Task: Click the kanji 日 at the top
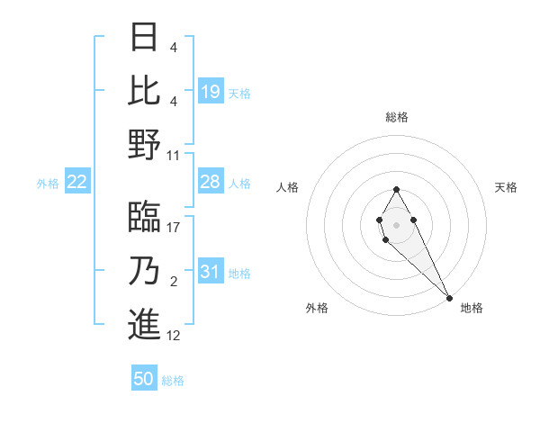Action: pos(144,38)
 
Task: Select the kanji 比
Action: pos(144,90)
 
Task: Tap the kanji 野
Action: pos(144,143)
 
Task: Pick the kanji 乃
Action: pos(144,271)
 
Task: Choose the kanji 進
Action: pos(144,324)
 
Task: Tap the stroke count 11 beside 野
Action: pos(174,155)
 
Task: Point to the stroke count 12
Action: pos(174,336)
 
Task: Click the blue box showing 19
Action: pos(211,91)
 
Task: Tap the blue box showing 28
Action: pos(211,182)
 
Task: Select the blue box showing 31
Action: pos(211,272)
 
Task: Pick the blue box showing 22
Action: pos(77,183)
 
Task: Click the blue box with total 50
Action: pos(144,379)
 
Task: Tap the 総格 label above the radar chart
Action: pos(397,117)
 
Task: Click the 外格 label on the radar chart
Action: pos(318,308)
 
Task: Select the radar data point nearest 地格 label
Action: pos(449,297)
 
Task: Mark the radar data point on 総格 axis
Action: pos(396,189)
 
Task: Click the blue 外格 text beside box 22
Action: pos(48,184)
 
